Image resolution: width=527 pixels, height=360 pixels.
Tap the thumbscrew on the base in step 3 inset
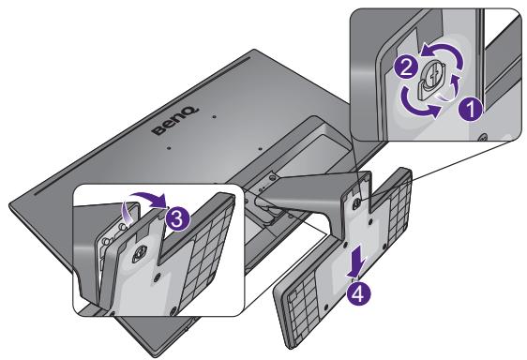(141, 250)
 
